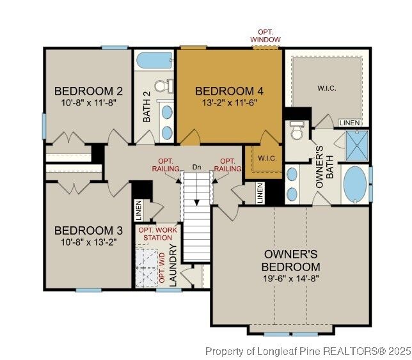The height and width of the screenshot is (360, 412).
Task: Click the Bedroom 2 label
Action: point(88,90)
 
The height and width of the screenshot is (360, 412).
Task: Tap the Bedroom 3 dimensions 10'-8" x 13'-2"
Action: point(88,242)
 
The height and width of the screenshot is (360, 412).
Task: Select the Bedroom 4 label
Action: point(229,90)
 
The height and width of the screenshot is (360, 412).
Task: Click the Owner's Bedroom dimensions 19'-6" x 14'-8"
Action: point(291,279)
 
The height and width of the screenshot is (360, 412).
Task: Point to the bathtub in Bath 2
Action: point(154,61)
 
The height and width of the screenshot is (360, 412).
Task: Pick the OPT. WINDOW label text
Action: point(265,36)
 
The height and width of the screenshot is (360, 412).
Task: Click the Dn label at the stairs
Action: point(197,167)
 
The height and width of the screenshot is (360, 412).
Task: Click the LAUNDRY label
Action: point(172,262)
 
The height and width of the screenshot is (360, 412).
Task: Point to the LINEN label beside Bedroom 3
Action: point(138,209)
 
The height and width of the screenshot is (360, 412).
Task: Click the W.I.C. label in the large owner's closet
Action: point(327,88)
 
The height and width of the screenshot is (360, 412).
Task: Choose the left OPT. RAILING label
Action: point(166,165)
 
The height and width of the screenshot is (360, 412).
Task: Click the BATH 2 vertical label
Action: point(147,107)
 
